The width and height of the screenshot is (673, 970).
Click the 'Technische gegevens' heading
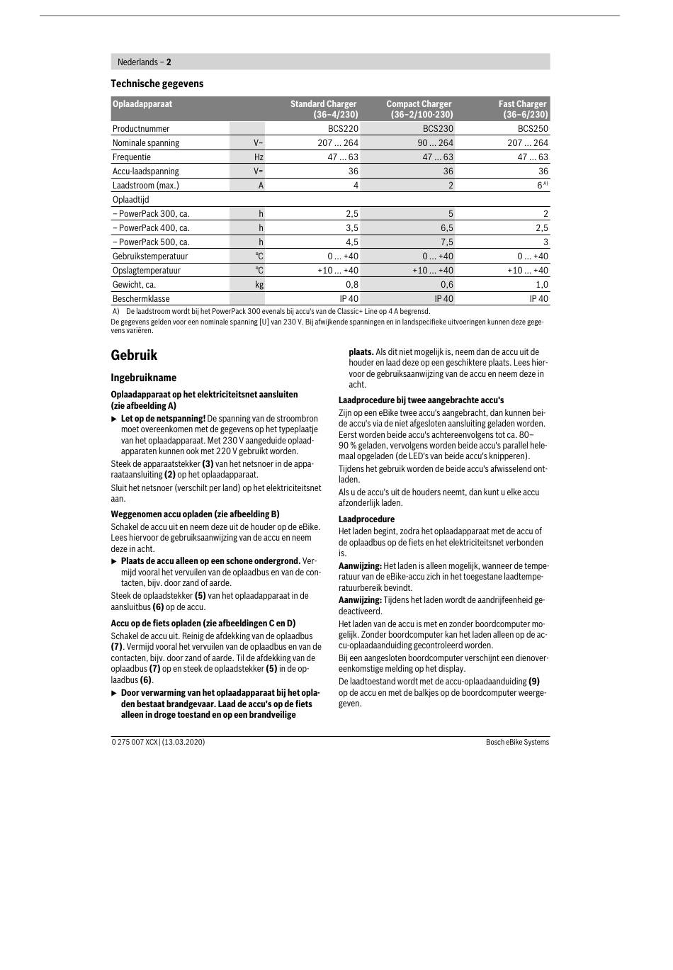pos(157,84)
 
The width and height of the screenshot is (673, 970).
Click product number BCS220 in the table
pos(343,129)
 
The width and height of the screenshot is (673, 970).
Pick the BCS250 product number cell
pos(533,129)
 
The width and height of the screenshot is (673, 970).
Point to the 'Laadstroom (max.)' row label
pos(146,186)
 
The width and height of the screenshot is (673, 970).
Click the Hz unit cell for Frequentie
pos(259,157)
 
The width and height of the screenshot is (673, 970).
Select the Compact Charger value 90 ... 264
pos(435,143)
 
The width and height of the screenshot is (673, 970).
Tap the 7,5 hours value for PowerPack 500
pos(446,242)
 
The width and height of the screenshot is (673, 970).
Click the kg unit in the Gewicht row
pos(259,285)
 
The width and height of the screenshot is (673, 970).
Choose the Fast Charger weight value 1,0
pos(541,285)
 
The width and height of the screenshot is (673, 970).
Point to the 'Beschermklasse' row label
pos(141,299)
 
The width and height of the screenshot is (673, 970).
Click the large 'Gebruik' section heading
pos(134,355)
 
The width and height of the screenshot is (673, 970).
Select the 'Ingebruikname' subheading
pos(143,378)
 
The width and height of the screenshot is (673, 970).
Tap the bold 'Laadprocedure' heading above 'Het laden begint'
pos(366,519)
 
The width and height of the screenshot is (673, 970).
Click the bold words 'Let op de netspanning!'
pos(163,419)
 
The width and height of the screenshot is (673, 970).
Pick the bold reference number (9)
pos(533,682)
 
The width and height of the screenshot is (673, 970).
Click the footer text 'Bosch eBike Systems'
pos(517,742)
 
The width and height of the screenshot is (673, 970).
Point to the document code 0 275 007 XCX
pos(135,742)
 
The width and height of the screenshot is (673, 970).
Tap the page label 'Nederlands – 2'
pos(145,62)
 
